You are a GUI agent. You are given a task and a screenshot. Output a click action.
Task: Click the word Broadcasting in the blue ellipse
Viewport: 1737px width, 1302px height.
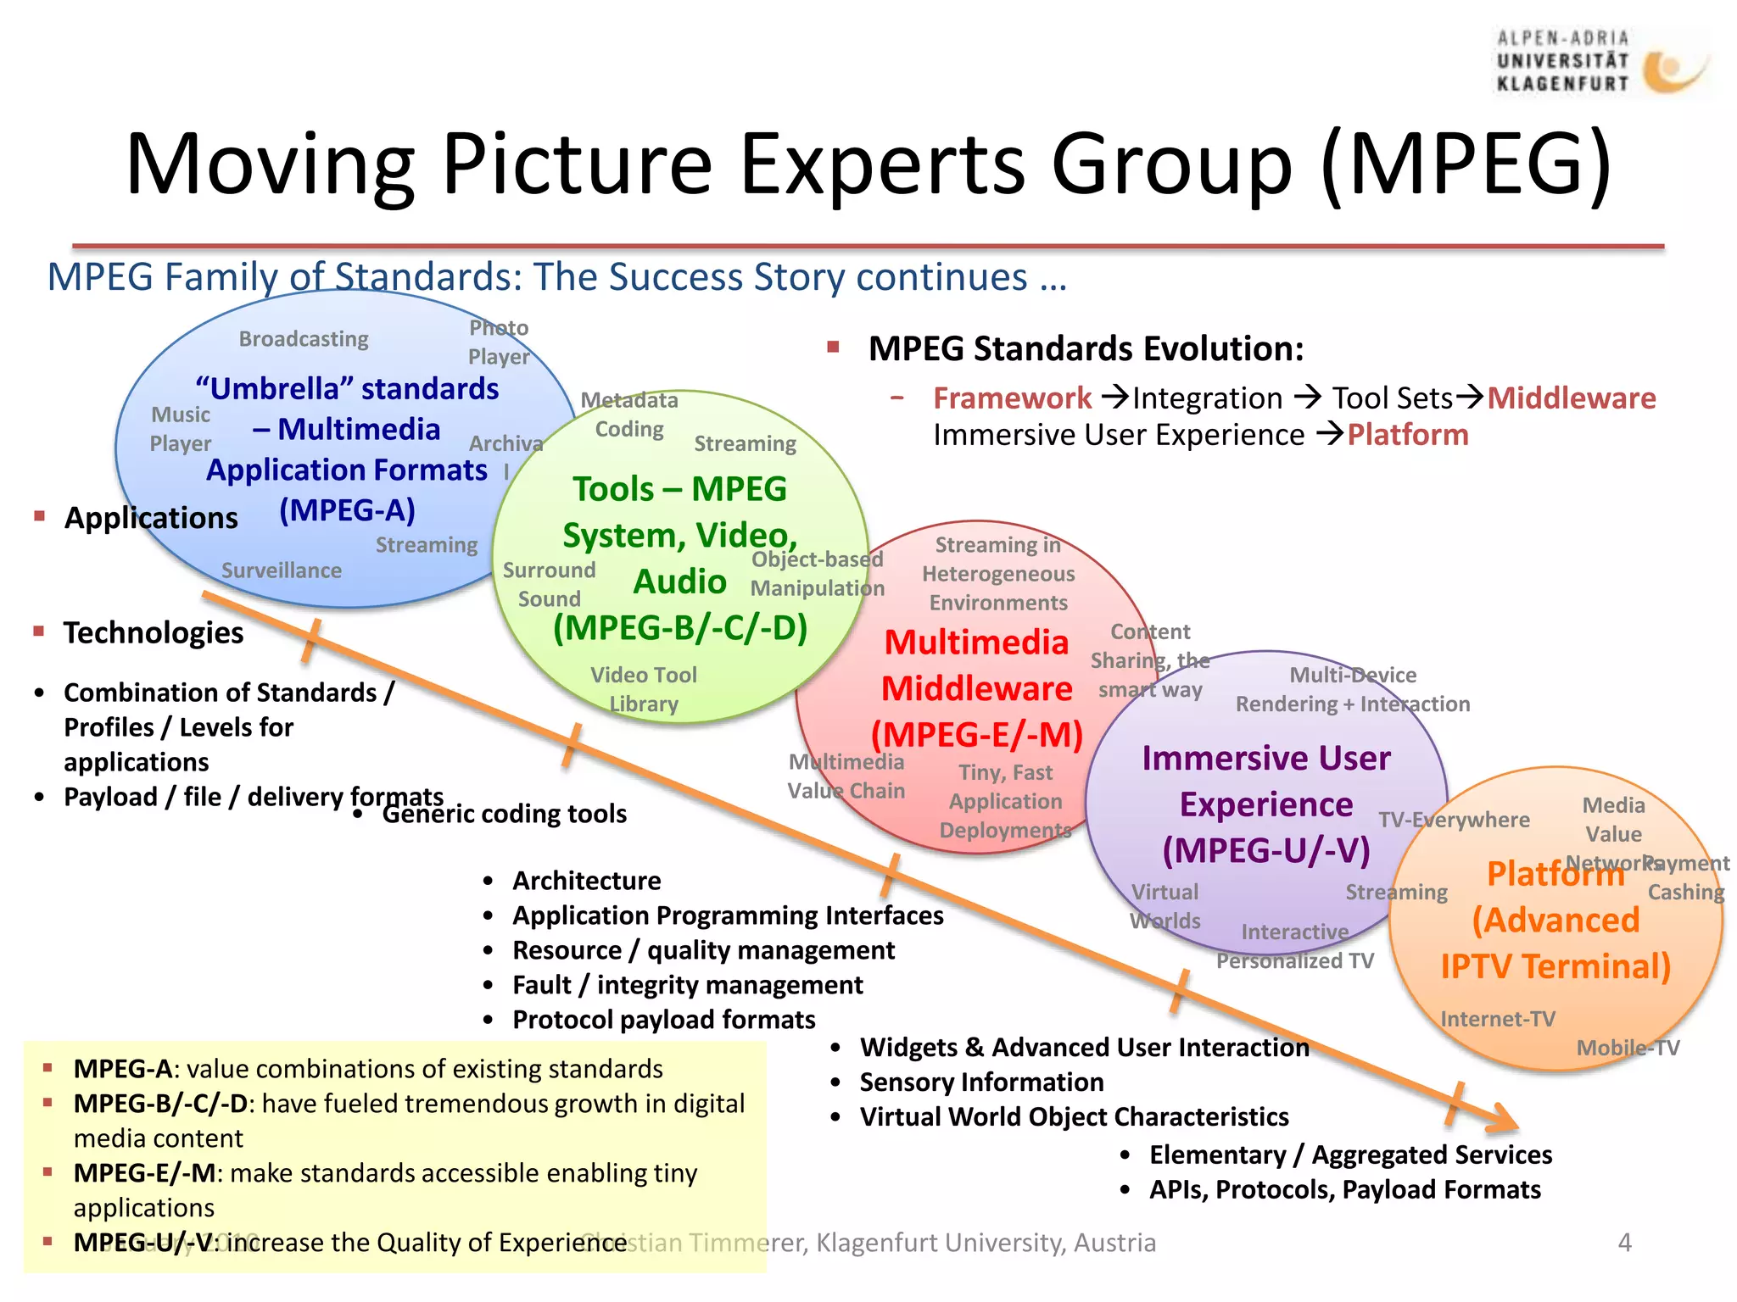point(304,339)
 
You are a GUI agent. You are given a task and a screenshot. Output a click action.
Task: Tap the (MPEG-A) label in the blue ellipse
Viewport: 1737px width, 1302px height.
point(347,510)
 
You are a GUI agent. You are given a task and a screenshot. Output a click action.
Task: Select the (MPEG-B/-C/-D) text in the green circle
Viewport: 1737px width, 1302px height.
point(679,628)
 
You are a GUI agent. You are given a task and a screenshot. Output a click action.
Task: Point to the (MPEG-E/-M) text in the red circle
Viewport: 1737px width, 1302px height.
point(977,734)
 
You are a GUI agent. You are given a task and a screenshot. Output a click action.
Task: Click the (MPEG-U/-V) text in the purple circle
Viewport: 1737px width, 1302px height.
point(1265,850)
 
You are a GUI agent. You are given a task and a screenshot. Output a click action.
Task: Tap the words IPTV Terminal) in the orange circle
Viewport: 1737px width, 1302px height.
point(1555,966)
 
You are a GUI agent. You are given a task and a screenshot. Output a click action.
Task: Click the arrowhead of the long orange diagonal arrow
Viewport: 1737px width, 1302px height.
point(1505,1119)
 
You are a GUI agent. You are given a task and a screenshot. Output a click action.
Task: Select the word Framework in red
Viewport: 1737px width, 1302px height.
point(1012,398)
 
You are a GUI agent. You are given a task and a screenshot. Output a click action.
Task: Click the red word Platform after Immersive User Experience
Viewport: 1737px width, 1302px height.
point(1408,435)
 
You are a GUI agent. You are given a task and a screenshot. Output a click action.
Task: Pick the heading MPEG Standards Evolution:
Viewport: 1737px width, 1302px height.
point(1086,349)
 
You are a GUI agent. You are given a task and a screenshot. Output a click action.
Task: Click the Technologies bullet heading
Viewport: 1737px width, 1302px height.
point(154,633)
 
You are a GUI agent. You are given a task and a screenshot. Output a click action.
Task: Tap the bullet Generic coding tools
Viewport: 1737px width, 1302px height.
point(504,814)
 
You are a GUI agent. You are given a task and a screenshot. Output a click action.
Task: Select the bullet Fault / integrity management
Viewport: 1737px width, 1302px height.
point(687,985)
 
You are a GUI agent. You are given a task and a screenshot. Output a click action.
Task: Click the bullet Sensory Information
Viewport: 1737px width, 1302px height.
point(981,1082)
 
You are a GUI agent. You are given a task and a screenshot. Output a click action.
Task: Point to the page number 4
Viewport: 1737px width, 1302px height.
point(1624,1243)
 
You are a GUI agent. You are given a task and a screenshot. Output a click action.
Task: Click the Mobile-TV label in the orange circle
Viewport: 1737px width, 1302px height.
point(1627,1048)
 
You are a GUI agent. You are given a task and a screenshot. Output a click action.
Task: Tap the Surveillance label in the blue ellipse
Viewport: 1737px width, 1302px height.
point(282,570)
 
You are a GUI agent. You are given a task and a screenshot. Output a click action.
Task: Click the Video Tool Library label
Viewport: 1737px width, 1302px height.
point(644,689)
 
